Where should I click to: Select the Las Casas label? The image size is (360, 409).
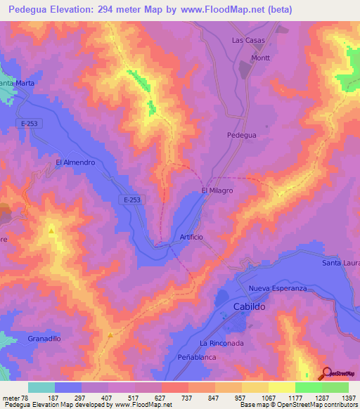[x=248, y=40]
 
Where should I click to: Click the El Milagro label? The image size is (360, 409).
[x=217, y=190]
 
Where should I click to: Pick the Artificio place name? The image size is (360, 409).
[x=191, y=237]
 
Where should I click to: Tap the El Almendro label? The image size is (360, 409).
[x=75, y=162]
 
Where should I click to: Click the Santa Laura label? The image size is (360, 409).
[x=340, y=263]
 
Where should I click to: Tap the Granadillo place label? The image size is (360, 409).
[x=44, y=338]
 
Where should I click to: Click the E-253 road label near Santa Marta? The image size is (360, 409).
[x=29, y=124]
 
